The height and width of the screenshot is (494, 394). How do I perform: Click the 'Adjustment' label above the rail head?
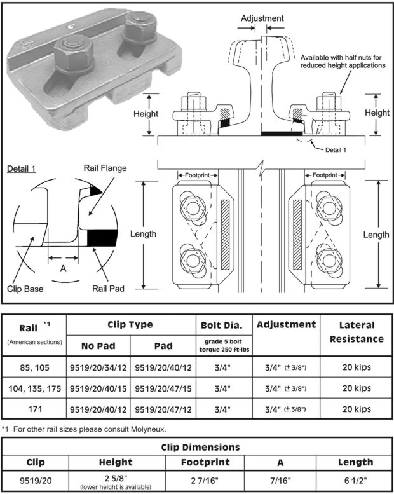(x=262, y=18)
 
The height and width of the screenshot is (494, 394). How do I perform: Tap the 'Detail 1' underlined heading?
(x=21, y=169)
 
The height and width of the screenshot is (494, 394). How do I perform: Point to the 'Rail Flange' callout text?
(x=105, y=168)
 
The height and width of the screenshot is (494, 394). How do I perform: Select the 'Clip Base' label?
(x=25, y=289)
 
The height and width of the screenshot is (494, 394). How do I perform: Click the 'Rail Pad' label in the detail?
(x=108, y=288)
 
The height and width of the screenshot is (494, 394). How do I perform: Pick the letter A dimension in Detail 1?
(x=64, y=268)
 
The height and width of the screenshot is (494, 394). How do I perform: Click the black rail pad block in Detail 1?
(x=102, y=238)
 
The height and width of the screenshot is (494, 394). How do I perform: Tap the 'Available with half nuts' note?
(x=343, y=62)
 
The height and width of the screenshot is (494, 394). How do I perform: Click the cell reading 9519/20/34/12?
(x=98, y=367)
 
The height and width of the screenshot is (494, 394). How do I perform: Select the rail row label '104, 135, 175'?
(x=35, y=388)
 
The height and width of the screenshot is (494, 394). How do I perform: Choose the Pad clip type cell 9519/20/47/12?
(x=163, y=409)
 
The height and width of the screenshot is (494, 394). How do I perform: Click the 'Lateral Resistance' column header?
(x=357, y=332)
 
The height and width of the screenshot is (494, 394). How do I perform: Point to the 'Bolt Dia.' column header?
(x=222, y=325)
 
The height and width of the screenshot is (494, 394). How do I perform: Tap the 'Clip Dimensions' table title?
(x=200, y=447)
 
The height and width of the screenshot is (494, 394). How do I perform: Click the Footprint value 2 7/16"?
(x=205, y=481)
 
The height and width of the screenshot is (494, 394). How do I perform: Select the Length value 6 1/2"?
(x=356, y=481)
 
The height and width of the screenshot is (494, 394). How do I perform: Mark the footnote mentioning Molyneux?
(x=84, y=429)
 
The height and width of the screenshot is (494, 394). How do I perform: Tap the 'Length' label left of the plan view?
(x=143, y=234)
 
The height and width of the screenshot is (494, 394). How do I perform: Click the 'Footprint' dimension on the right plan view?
(x=325, y=175)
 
